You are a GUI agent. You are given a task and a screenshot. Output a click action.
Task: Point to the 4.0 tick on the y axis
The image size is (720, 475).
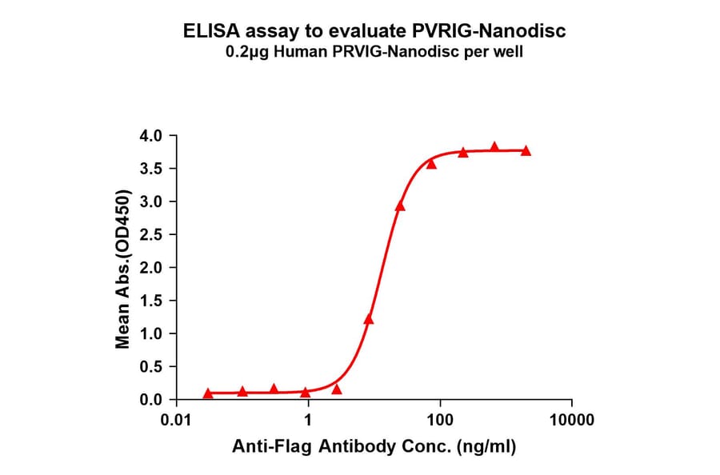tap(153, 136)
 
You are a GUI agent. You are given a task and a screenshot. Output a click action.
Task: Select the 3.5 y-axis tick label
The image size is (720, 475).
tap(153, 169)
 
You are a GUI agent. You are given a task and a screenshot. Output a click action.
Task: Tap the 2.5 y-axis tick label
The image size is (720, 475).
tap(153, 235)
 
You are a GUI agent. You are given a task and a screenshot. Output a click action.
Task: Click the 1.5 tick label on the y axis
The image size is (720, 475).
tap(153, 301)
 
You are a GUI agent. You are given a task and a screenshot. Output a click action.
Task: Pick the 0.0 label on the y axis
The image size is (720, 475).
tap(153, 400)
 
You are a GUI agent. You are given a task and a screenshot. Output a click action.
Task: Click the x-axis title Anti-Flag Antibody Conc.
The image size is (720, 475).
tap(374, 447)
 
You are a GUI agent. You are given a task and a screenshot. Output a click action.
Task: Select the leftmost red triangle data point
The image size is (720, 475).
tap(209, 393)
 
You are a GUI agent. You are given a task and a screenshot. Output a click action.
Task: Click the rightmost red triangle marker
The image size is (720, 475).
tap(526, 150)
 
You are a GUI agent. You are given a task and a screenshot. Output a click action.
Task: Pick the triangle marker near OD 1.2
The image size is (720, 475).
tap(369, 319)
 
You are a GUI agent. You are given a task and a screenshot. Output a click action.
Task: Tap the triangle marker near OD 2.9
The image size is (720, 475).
tap(400, 206)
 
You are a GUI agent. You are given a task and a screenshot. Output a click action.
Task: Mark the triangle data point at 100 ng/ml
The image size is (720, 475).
tap(431, 164)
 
